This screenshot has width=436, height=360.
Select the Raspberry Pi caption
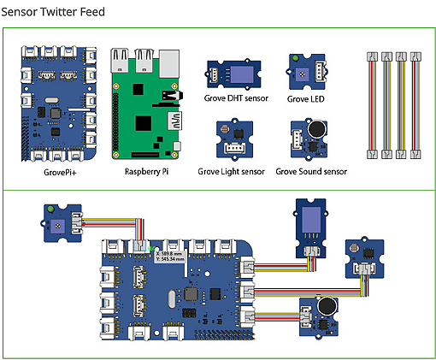[x=148, y=171]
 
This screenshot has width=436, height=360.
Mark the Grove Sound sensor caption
[x=311, y=171]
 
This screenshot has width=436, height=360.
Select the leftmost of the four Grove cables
[x=371, y=105]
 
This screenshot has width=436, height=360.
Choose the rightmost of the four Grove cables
[x=415, y=105]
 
